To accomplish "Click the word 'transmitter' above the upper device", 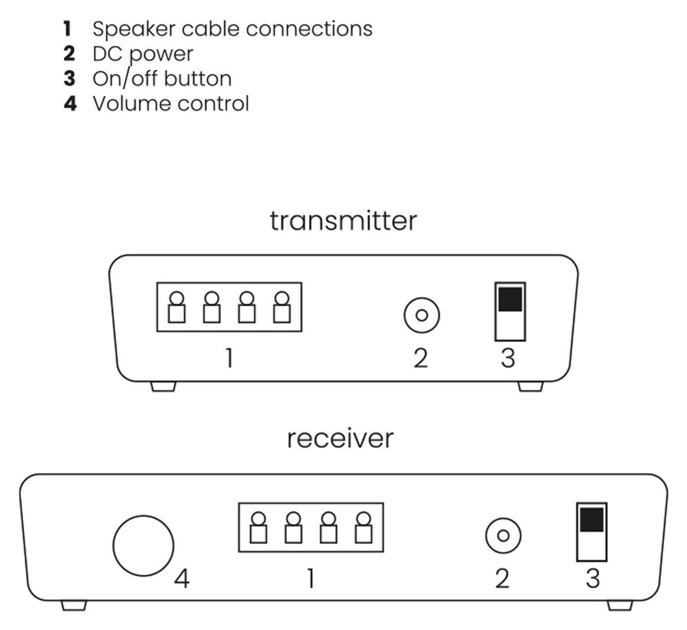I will pos(343,221).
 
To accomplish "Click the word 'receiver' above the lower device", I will pos(340,439).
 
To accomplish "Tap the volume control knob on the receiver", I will pos(143,546).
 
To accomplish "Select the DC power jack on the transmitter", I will pos(421,315).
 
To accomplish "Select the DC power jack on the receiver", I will pos(503,536).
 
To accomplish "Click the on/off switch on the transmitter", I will pos(510,311).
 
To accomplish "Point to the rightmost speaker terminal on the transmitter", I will pos(282,307).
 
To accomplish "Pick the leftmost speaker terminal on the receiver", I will pos(259,527).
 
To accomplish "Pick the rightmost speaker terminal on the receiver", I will pos(364,527).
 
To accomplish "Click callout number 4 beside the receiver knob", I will pos(182,579).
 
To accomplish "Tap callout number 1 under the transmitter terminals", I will pos(229,358).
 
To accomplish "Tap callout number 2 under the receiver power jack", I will pos(502,579).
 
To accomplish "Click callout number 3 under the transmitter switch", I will pos(508,358).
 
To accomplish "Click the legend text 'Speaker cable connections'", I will pos(233,28).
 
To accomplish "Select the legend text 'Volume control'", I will pos(171,103).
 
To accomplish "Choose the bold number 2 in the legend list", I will pos(69,54).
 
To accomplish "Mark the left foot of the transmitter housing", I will pos(163,386).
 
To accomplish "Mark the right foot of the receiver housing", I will pos(620,605).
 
